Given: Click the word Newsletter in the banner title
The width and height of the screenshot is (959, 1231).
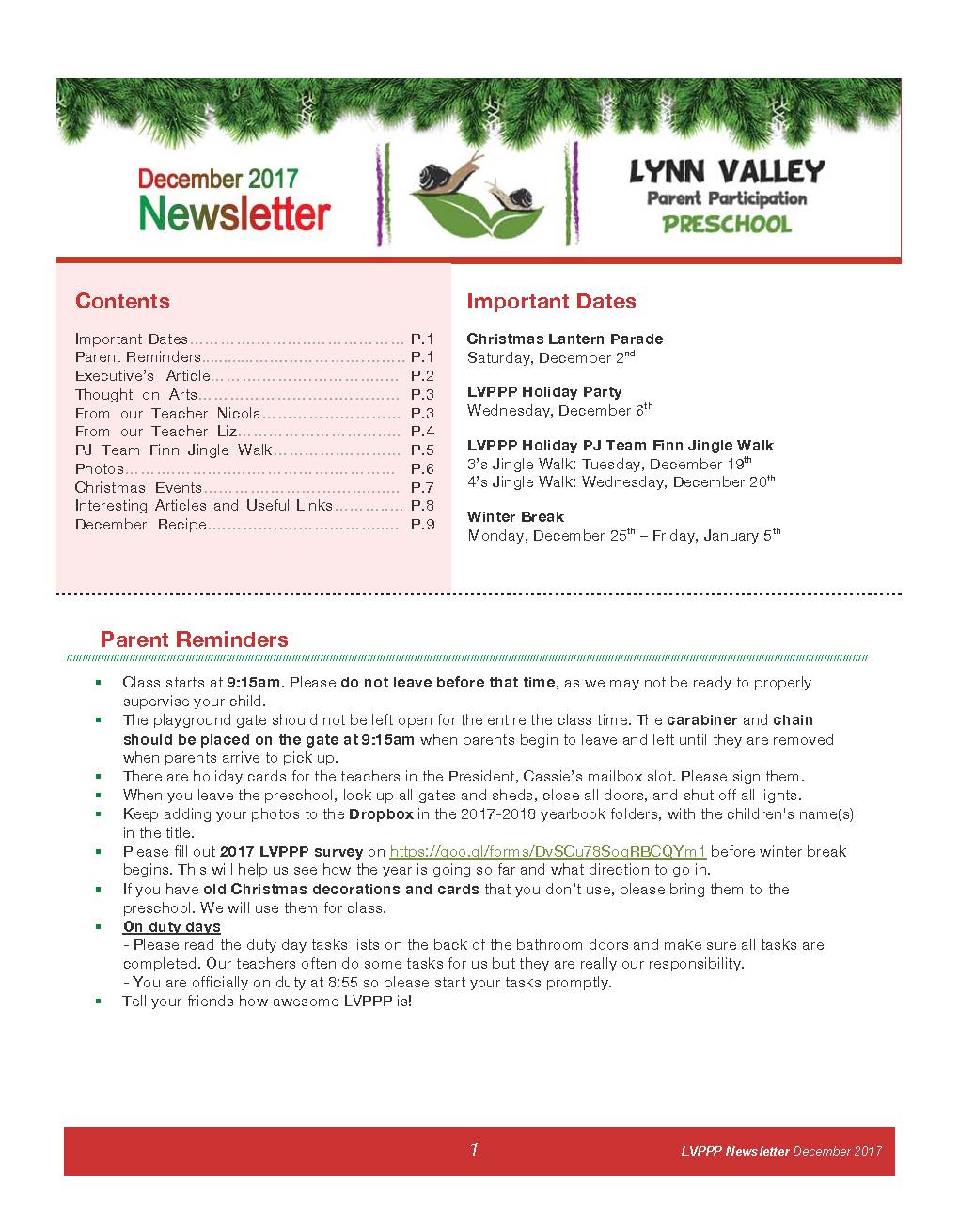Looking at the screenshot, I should tap(234, 213).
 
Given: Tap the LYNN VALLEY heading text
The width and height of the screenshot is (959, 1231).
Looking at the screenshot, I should tap(726, 171).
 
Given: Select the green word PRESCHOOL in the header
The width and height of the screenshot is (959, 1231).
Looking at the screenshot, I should tap(727, 225).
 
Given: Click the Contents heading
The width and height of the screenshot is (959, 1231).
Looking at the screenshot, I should tap(122, 301).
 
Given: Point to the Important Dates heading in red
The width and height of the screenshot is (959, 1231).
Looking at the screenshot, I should tap(551, 301).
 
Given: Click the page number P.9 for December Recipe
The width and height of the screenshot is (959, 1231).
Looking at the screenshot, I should tap(422, 525).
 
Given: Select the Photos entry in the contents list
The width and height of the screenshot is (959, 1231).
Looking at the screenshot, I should tap(100, 468).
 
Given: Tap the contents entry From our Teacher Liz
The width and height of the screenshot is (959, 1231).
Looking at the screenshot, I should tap(156, 432).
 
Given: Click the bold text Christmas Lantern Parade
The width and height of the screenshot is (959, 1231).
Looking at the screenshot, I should tap(564, 339).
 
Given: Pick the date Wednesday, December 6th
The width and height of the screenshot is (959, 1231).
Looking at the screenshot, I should tap(559, 410).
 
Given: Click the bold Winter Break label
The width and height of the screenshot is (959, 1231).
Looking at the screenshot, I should tap(515, 516).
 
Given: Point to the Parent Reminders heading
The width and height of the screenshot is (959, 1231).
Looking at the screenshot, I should tap(194, 639).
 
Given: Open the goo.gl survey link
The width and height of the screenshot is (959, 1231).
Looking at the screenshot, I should tap(547, 852).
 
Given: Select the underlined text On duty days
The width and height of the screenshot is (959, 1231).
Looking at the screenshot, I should tap(172, 926).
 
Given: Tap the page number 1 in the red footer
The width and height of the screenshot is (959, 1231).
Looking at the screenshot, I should tap(474, 1149).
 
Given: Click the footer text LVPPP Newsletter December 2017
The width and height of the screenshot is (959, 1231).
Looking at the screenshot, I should tap(780, 1151).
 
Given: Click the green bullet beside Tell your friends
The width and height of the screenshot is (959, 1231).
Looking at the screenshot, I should tap(98, 1002).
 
